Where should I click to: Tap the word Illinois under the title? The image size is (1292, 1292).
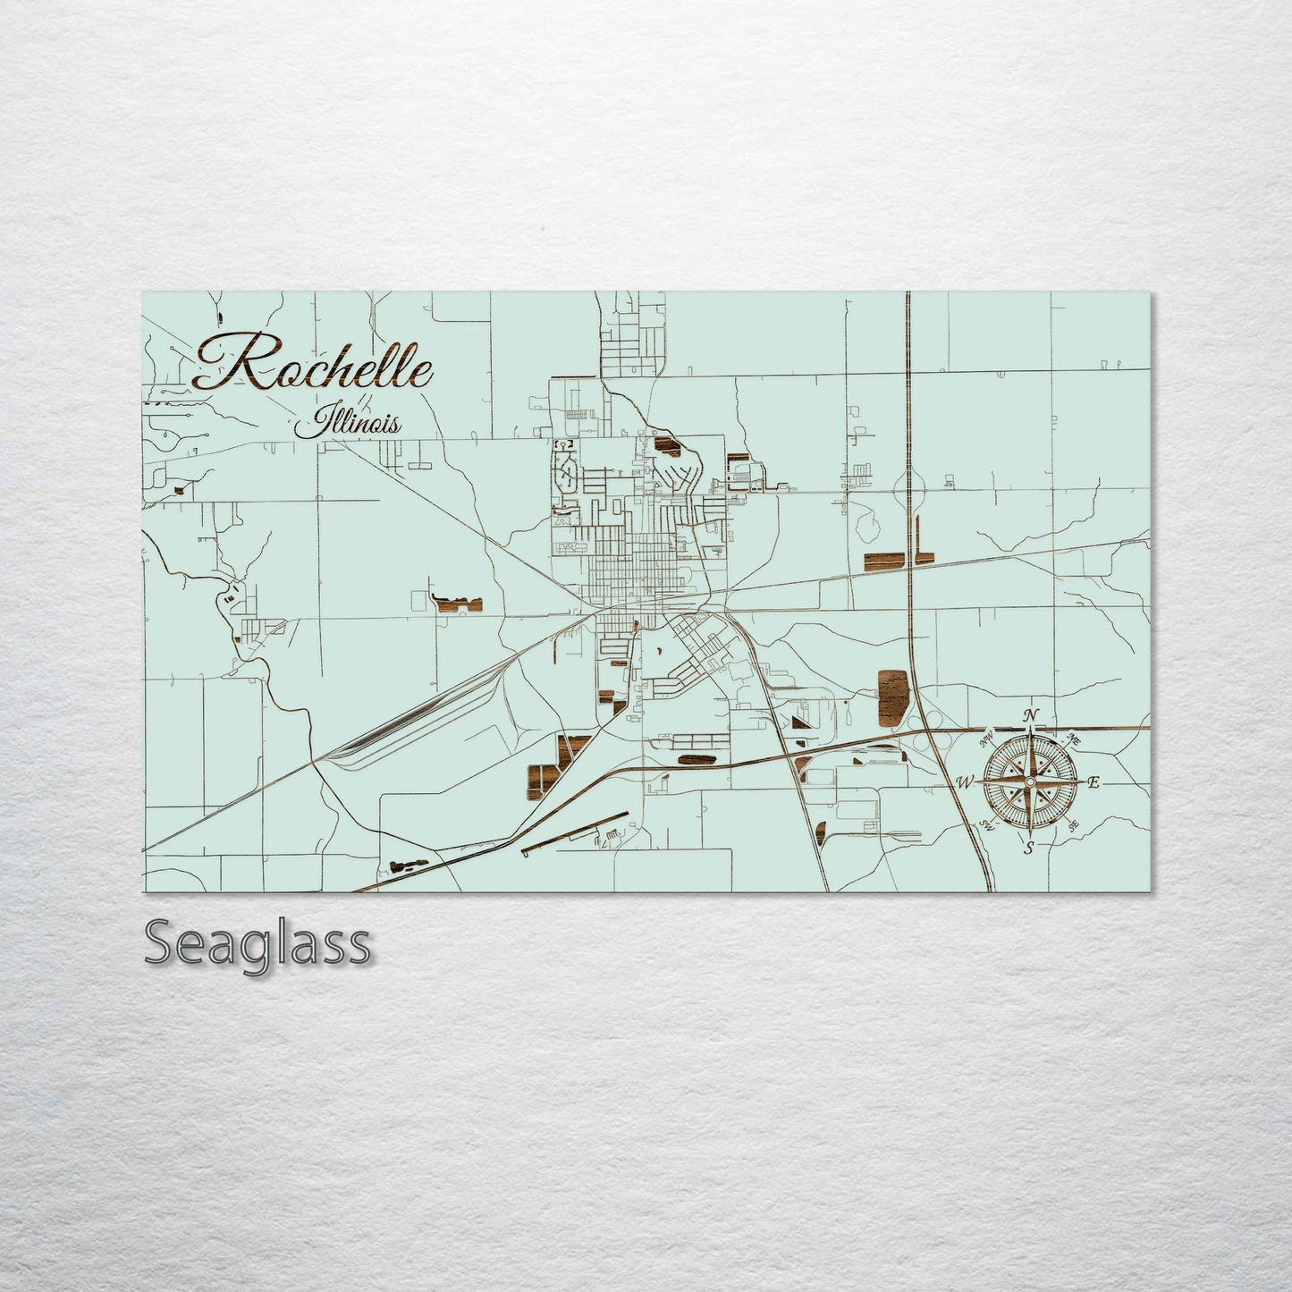tap(348, 423)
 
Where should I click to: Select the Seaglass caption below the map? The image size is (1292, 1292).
tap(257, 943)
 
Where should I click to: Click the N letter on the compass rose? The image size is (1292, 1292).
tap(1031, 715)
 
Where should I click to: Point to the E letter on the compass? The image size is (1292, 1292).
tap(1092, 782)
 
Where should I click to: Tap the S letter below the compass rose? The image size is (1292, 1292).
tap(1029, 849)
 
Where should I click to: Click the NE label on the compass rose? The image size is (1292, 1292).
tap(1074, 740)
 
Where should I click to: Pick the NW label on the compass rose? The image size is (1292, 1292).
tap(987, 740)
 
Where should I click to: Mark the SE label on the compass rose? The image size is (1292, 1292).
tap(1073, 826)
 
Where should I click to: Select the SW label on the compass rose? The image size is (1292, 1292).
tap(987, 825)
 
